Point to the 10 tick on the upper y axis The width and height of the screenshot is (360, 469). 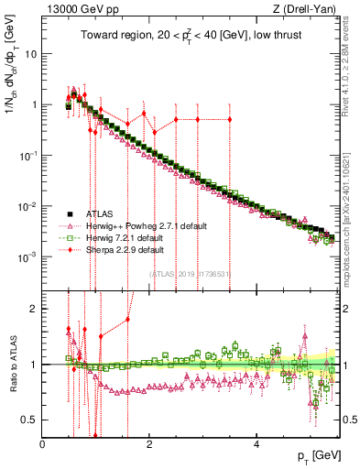(30, 53)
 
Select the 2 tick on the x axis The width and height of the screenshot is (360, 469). (150, 443)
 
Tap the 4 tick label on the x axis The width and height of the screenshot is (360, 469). (257, 443)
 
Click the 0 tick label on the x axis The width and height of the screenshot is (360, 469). (43, 443)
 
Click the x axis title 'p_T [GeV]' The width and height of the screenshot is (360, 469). (314, 455)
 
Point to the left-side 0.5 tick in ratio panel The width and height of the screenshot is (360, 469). (30, 420)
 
